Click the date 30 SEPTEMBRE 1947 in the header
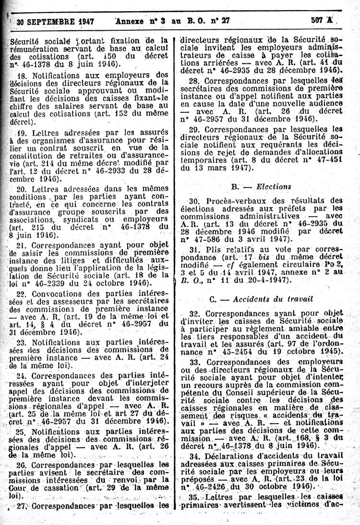pyautogui.click(x=55, y=21)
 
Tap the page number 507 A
pyautogui.click(x=322, y=20)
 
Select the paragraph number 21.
pyautogui.click(x=21, y=244)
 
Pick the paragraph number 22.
pyautogui.click(x=21, y=293)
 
